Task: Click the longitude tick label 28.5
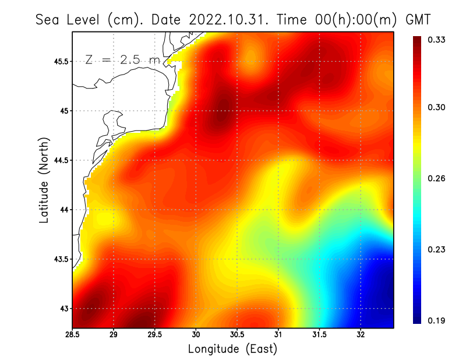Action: [x=73, y=335]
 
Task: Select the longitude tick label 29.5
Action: [x=156, y=335]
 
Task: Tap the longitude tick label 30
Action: [x=196, y=335]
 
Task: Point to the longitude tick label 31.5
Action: [x=320, y=335]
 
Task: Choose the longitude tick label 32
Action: [x=361, y=335]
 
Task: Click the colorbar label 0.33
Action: [x=437, y=40]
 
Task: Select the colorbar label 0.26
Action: [x=437, y=179]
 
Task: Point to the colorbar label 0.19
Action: [x=437, y=320]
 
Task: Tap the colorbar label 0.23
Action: [x=437, y=250]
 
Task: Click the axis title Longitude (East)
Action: [x=232, y=349]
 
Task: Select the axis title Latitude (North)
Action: [x=44, y=181]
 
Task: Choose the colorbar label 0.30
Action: [x=437, y=108]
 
